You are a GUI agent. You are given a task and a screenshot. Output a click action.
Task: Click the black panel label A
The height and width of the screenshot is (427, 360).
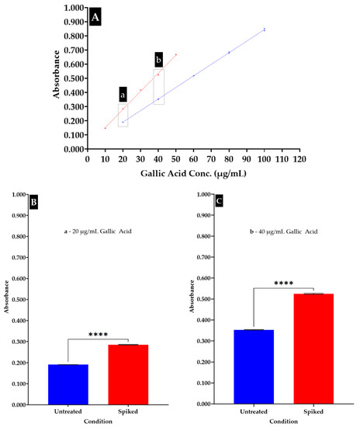pyautogui.click(x=95, y=16)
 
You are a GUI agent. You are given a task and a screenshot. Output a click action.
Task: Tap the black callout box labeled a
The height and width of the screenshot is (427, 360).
pyautogui.click(x=123, y=93)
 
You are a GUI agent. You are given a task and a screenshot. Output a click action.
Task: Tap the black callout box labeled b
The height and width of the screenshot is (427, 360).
pyautogui.click(x=158, y=60)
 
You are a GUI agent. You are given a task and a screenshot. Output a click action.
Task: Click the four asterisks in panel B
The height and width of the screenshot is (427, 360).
pyautogui.click(x=99, y=335)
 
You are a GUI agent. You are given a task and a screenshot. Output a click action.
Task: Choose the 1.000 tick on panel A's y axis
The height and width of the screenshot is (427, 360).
pyautogui.click(x=73, y=8)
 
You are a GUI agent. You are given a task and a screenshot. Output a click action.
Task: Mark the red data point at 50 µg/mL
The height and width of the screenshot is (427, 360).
pyautogui.click(x=176, y=54)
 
